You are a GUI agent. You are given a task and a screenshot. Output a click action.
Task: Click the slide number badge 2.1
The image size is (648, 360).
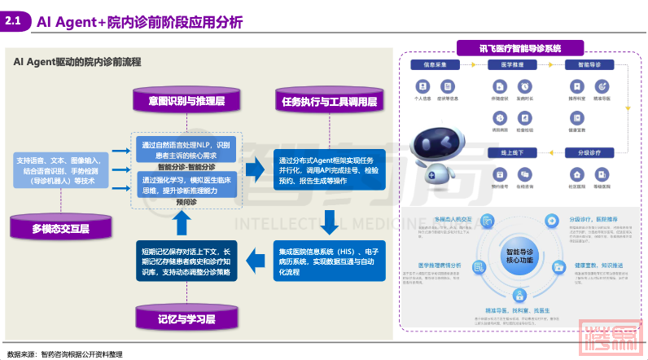tap(15, 22)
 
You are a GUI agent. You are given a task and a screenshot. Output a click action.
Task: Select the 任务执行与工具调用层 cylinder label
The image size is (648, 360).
tap(329, 102)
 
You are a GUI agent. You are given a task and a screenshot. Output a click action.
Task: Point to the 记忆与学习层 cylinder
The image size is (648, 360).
tap(186, 317)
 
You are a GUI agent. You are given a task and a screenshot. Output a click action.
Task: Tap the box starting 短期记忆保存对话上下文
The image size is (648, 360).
tap(186, 260)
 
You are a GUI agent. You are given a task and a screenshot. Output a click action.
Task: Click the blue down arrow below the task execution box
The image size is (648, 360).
tap(330, 220)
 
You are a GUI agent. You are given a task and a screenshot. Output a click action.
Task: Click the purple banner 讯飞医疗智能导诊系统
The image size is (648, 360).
tap(520, 49)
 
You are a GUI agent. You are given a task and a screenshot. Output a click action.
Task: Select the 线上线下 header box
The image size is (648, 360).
tap(512, 151)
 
